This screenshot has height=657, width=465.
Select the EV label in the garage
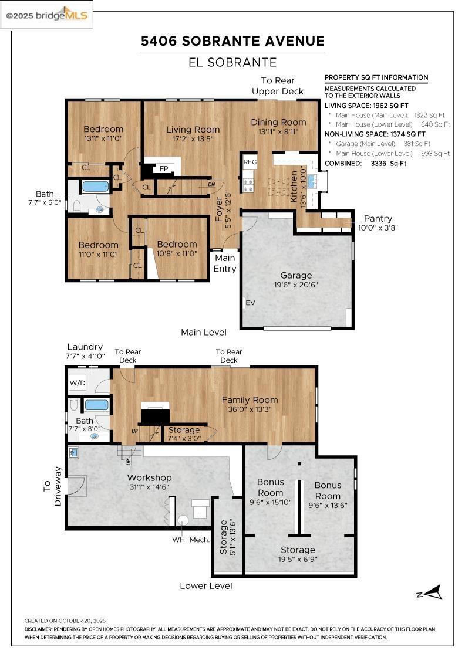click(x=250, y=303)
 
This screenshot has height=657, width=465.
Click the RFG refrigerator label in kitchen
click(x=250, y=162)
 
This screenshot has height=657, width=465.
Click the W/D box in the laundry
click(x=77, y=383)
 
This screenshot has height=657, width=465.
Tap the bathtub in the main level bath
click(x=95, y=187)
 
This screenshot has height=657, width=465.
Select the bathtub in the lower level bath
click(x=96, y=405)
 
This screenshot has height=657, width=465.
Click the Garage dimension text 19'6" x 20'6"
click(x=295, y=285)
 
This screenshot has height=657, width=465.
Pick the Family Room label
click(x=250, y=400)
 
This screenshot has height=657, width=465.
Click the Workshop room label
click(x=149, y=477)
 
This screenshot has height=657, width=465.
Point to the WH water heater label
click(x=178, y=539)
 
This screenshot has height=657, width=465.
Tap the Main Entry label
click(x=225, y=263)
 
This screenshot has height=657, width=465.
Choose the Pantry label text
click(x=378, y=218)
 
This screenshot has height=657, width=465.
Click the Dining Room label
click(x=278, y=122)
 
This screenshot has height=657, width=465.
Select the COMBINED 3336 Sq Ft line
click(x=365, y=164)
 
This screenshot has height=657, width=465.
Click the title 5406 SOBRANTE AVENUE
click(x=232, y=41)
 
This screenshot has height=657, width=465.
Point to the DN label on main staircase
click(x=212, y=184)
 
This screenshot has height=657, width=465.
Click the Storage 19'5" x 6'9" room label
click(x=297, y=550)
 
